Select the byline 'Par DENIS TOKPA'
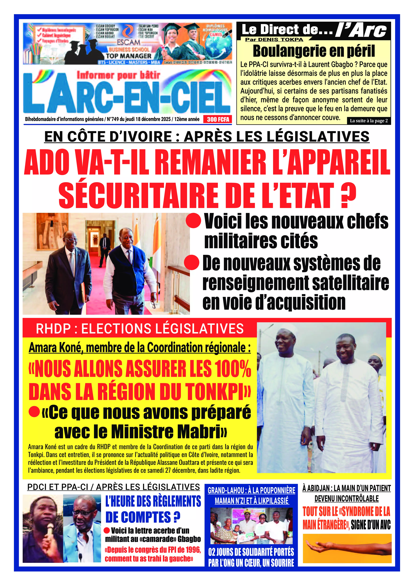(x=274, y=40)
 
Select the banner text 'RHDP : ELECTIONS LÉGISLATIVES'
(x=140, y=329)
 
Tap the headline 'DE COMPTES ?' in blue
(x=143, y=517)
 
